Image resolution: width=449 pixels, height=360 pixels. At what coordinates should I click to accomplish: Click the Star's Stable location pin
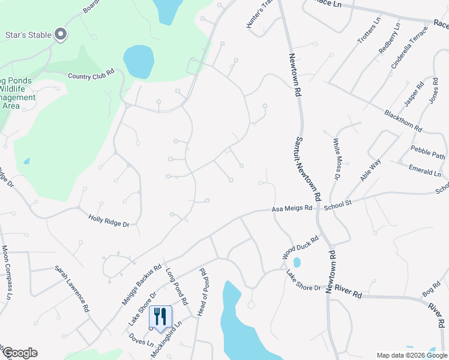point(61,35)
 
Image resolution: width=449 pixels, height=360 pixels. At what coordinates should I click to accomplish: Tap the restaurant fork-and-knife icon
point(160,316)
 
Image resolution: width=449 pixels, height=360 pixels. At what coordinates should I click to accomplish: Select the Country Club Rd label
point(91,76)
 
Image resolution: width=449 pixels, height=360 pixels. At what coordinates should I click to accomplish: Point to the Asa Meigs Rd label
point(292,209)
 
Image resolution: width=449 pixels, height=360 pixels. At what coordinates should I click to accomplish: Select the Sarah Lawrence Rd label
point(72,289)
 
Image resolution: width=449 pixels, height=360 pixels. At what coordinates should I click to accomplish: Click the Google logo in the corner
point(19,353)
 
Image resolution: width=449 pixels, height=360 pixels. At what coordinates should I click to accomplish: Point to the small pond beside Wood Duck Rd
point(297,262)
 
